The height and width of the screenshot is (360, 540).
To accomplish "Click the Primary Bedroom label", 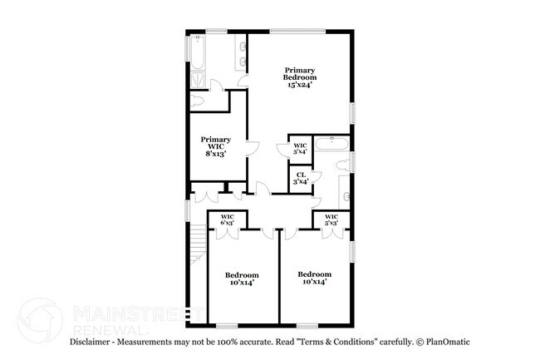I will pyautogui.click(x=298, y=76).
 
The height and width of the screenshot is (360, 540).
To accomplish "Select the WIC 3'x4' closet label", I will pyautogui.click(x=300, y=148).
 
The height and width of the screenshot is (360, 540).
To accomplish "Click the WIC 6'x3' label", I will pyautogui.click(x=226, y=219).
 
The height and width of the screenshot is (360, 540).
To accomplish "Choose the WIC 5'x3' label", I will pyautogui.click(x=331, y=219).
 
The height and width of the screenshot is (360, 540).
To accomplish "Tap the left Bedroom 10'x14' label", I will pyautogui.click(x=241, y=279).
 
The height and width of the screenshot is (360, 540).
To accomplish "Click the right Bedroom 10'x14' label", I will pyautogui.click(x=314, y=278).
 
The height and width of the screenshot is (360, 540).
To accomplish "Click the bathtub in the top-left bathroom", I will pyautogui.click(x=198, y=52).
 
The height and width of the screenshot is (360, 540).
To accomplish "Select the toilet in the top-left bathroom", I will pyautogui.click(x=196, y=101).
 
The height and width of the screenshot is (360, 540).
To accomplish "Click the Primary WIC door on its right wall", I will pyautogui.click(x=253, y=150).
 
